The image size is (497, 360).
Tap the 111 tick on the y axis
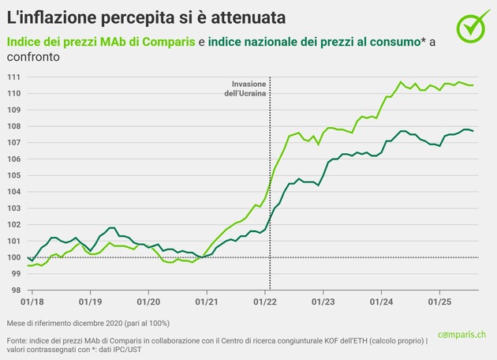point(15,77)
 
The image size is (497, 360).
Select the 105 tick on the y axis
point(15,175)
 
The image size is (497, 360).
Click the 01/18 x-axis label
point(32,302)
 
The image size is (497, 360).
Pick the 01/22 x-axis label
point(265,302)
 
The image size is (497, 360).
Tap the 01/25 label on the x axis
point(439,302)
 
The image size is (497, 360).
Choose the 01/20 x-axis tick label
point(148,302)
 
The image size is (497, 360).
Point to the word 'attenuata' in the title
point(246,16)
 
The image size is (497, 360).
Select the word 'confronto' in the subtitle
point(32,58)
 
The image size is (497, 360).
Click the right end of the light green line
point(473,85)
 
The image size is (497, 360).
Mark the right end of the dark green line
point(473,131)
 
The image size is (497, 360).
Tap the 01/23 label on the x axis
point(323,302)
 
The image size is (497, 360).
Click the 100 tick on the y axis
point(15,257)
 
